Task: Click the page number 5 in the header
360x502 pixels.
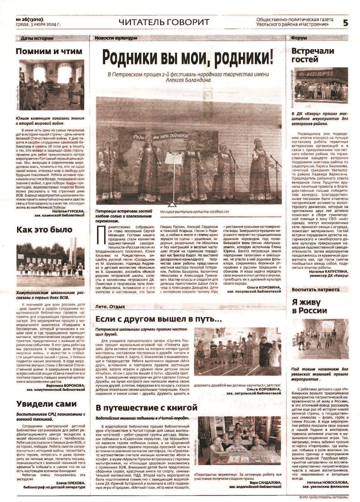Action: coord(345,23)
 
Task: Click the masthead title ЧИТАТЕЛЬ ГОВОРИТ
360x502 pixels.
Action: coord(164,22)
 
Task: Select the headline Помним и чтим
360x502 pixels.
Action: coord(49,51)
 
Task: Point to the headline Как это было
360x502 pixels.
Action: coord(44,230)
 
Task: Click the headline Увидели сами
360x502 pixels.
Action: coord(46,404)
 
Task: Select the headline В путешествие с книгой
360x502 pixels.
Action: coord(146,407)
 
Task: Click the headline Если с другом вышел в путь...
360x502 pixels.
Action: coord(159,319)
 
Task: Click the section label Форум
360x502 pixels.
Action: coord(299,38)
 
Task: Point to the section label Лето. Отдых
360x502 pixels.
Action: coord(110,307)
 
